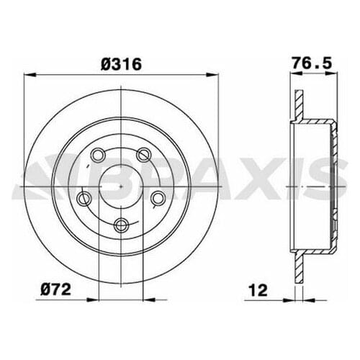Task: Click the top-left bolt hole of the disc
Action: [97, 153]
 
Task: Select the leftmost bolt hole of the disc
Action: [84, 197]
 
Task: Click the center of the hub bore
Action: [121, 185]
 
